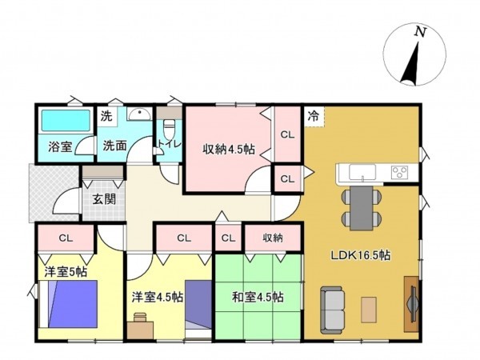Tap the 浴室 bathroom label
tap(59, 147)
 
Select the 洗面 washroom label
tap(114, 147)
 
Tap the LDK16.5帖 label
tap(362, 256)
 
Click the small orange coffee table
tap(369, 307)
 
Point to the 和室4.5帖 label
tap(257, 297)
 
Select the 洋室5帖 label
tap(65, 273)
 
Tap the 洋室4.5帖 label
tap(158, 297)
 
